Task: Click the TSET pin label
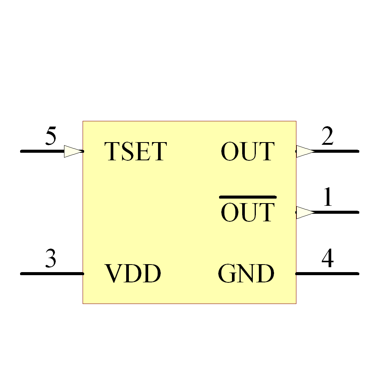click(135, 151)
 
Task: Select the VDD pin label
click(133, 274)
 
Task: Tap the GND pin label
click(246, 274)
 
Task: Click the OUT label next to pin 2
click(247, 151)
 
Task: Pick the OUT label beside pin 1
click(247, 213)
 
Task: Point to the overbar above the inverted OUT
click(248, 197)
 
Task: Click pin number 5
click(50, 136)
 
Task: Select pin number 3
click(50, 259)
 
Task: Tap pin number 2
click(327, 136)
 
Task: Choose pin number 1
click(328, 197)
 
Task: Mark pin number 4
click(327, 259)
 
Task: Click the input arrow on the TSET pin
click(73, 151)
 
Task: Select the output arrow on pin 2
click(305, 151)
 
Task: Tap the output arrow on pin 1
click(305, 212)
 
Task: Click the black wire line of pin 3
click(52, 273)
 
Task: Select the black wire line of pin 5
click(42, 151)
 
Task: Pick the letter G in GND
click(226, 274)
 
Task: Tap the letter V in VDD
click(113, 274)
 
